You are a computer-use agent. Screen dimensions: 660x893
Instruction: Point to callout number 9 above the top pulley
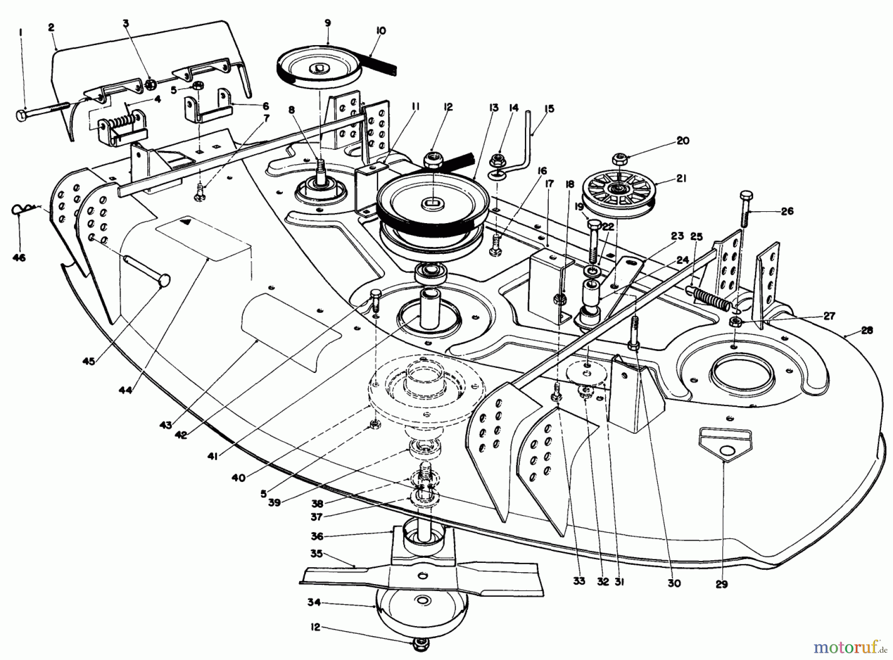click(x=327, y=23)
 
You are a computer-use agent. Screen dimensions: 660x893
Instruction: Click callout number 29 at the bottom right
click(x=721, y=584)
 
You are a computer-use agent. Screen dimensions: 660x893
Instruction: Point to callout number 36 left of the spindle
click(x=317, y=536)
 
